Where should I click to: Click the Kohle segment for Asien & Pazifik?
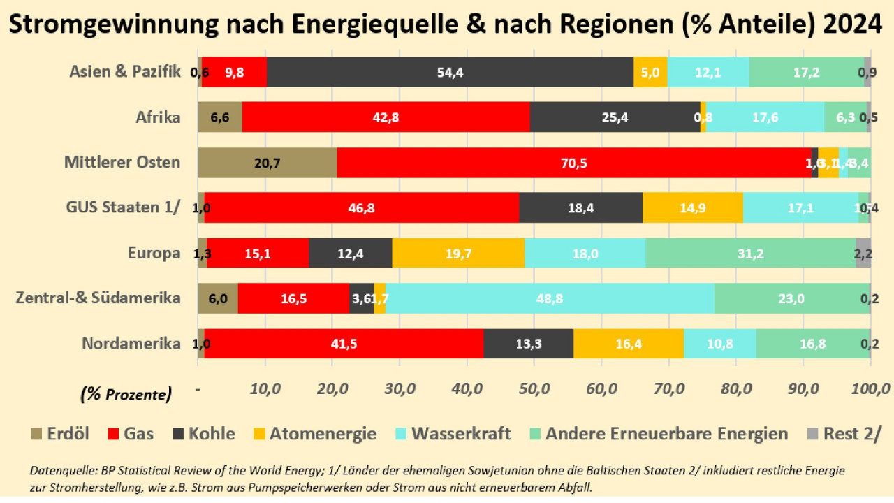[450, 72]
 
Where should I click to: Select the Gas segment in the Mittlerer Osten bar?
[573, 163]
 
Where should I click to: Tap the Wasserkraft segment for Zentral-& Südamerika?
[549, 298]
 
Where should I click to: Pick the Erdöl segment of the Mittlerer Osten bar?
[268, 163]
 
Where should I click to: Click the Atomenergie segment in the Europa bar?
[458, 254]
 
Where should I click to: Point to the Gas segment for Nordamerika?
[344, 344]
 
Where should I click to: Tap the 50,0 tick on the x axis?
[534, 388]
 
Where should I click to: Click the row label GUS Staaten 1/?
[124, 207]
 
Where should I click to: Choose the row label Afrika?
[158, 117]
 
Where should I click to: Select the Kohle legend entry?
[210, 434]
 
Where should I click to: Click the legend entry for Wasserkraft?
[461, 434]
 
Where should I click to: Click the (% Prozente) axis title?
[126, 394]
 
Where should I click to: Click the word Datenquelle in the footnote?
[61, 471]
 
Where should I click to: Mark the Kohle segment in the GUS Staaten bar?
[580, 207]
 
